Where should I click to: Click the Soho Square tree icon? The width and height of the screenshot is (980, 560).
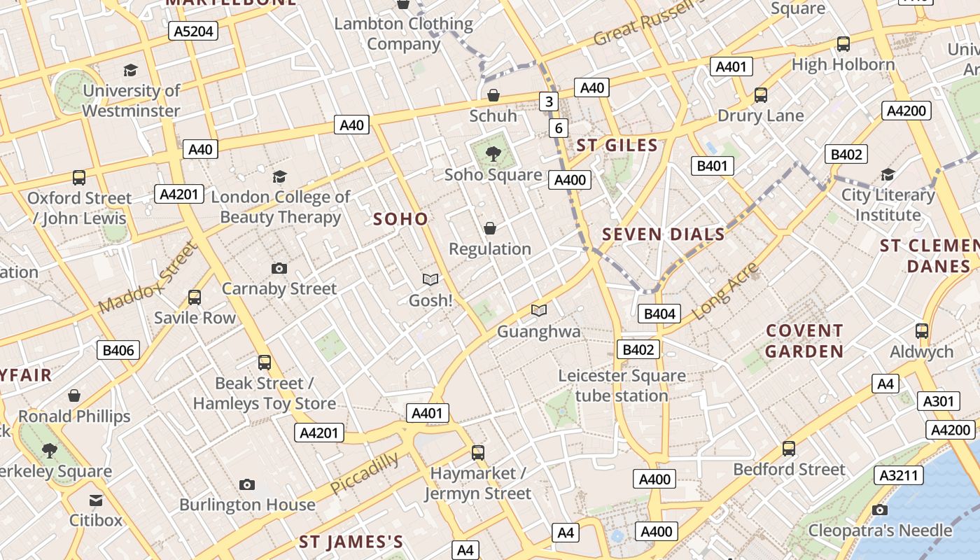point(493,153)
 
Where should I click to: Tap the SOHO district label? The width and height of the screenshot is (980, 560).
point(400,219)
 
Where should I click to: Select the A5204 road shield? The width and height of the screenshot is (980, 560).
point(193,31)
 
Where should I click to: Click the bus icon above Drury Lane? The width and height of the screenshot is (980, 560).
point(760,94)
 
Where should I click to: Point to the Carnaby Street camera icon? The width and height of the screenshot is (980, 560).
point(279,268)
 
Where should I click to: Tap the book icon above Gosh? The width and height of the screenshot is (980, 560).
point(430,279)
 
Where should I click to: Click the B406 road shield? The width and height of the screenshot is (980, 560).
point(118,350)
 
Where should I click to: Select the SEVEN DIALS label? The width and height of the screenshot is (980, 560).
point(664,234)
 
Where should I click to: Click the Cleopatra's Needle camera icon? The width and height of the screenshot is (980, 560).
point(880,510)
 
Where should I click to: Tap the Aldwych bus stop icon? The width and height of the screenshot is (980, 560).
point(922,331)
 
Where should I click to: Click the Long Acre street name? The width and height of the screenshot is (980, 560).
point(724,290)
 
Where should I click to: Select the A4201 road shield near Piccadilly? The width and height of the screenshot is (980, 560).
point(318,433)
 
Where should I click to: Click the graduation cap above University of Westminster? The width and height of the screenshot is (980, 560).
point(131,70)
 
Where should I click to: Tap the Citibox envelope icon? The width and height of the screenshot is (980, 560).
point(96,500)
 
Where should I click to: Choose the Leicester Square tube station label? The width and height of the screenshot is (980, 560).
point(622,386)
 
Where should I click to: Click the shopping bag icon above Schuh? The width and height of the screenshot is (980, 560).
point(493,94)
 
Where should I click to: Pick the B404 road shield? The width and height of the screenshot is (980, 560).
point(659,314)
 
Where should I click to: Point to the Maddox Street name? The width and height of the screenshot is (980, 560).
point(147,279)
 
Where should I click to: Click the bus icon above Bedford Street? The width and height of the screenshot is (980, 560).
point(789,449)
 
